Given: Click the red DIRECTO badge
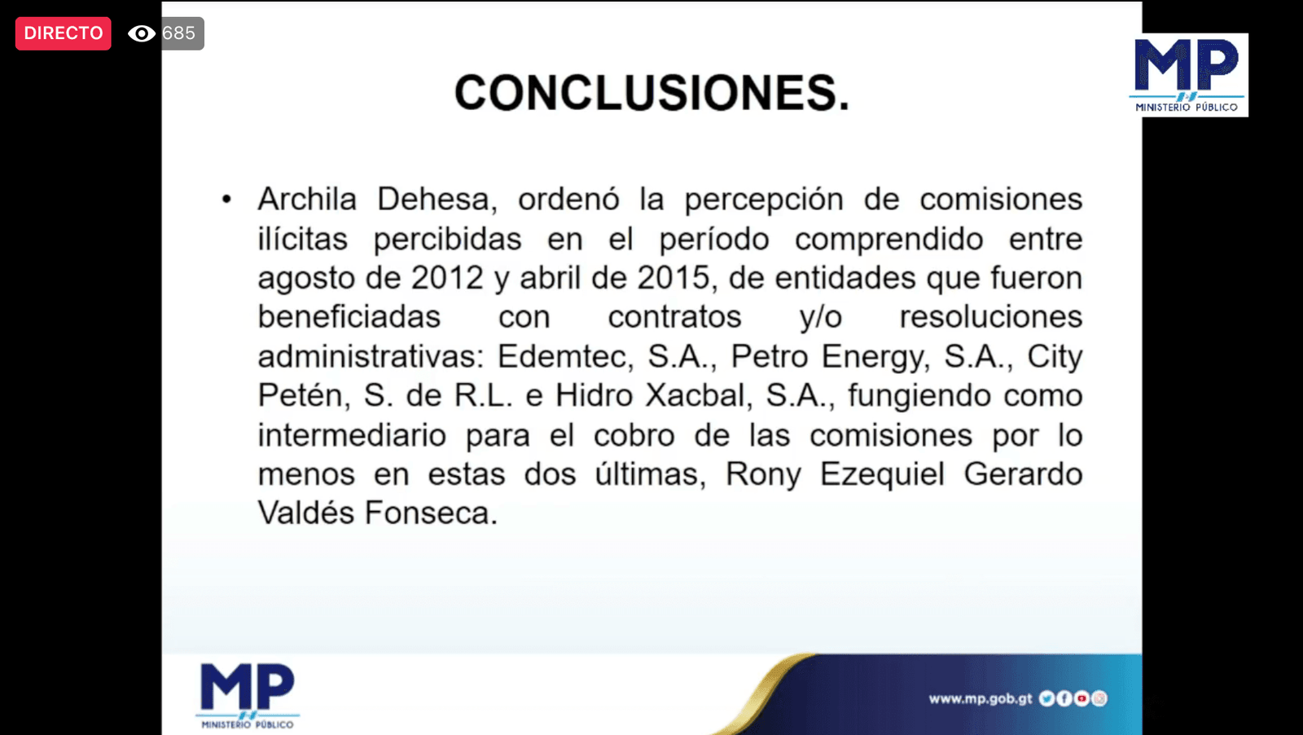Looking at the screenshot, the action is pyautogui.click(x=64, y=33).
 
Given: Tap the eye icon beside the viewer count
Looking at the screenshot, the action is pyautogui.click(x=142, y=33).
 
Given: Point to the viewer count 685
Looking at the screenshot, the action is pyautogui.click(x=178, y=33).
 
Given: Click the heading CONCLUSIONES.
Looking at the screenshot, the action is pyautogui.click(x=651, y=93).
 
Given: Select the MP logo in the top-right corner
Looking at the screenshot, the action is pyautogui.click(x=1188, y=75).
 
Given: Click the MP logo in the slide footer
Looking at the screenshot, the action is pyautogui.click(x=248, y=696).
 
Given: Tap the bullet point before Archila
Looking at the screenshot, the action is pyautogui.click(x=227, y=200).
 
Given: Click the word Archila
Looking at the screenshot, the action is pyautogui.click(x=307, y=199).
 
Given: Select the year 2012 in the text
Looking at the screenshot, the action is pyautogui.click(x=447, y=278).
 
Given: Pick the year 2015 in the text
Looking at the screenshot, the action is pyautogui.click(x=673, y=278).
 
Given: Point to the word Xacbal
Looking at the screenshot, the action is pyautogui.click(x=695, y=396).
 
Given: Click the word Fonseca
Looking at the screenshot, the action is pyautogui.click(x=431, y=513).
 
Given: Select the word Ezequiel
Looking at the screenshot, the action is pyautogui.click(x=882, y=474).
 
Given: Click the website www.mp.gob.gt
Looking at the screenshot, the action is pyautogui.click(x=981, y=698).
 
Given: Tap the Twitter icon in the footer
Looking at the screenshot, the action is pyautogui.click(x=1046, y=698).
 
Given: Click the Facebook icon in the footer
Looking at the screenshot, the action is pyautogui.click(x=1064, y=698).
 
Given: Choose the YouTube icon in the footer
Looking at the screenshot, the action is pyautogui.click(x=1081, y=698).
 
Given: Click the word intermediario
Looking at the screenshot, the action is pyautogui.click(x=352, y=435).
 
